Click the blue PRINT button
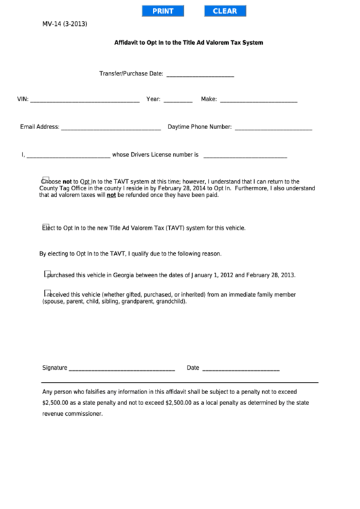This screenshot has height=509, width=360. (163, 11)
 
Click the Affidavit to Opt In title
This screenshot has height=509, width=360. (188, 42)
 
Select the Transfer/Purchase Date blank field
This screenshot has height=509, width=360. (200, 74)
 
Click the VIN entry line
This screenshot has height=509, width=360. (85, 100)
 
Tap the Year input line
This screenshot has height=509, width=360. (178, 100)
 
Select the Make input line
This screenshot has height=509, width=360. (259, 100)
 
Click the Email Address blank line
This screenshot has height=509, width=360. (111, 127)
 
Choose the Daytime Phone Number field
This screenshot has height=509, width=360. (273, 127)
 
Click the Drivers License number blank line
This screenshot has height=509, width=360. (245, 156)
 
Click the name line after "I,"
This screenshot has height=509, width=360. (68, 156)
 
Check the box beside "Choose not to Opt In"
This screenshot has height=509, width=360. (46, 181)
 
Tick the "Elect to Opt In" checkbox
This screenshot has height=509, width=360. (46, 228)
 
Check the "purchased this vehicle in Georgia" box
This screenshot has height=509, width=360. (48, 275)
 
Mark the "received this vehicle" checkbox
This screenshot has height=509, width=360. (48, 294)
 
